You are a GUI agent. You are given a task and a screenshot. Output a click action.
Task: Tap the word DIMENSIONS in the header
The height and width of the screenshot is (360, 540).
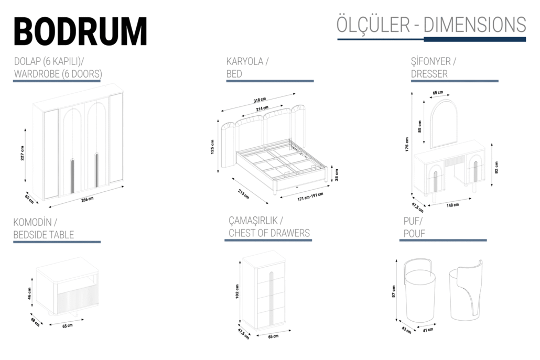(474, 25)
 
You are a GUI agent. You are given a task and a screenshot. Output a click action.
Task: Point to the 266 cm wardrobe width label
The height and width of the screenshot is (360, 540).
(87, 199)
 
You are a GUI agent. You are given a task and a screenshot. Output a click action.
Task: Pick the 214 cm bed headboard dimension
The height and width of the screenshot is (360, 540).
(255, 108)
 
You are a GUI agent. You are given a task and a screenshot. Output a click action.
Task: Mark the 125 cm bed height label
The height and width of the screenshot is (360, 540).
(212, 146)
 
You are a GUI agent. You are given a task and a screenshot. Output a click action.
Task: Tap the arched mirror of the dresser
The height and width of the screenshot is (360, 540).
(444, 124)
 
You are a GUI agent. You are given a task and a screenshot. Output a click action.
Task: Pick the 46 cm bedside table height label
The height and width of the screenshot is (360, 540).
(29, 293)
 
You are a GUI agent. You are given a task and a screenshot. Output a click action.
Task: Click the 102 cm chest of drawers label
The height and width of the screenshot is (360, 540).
(237, 292)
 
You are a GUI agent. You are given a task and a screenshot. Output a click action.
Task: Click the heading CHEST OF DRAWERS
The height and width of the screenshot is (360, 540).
(269, 233)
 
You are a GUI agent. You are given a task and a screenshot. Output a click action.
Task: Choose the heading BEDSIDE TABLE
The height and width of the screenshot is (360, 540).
(44, 235)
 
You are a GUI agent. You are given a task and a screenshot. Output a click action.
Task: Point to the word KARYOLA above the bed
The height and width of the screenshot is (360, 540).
(245, 61)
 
